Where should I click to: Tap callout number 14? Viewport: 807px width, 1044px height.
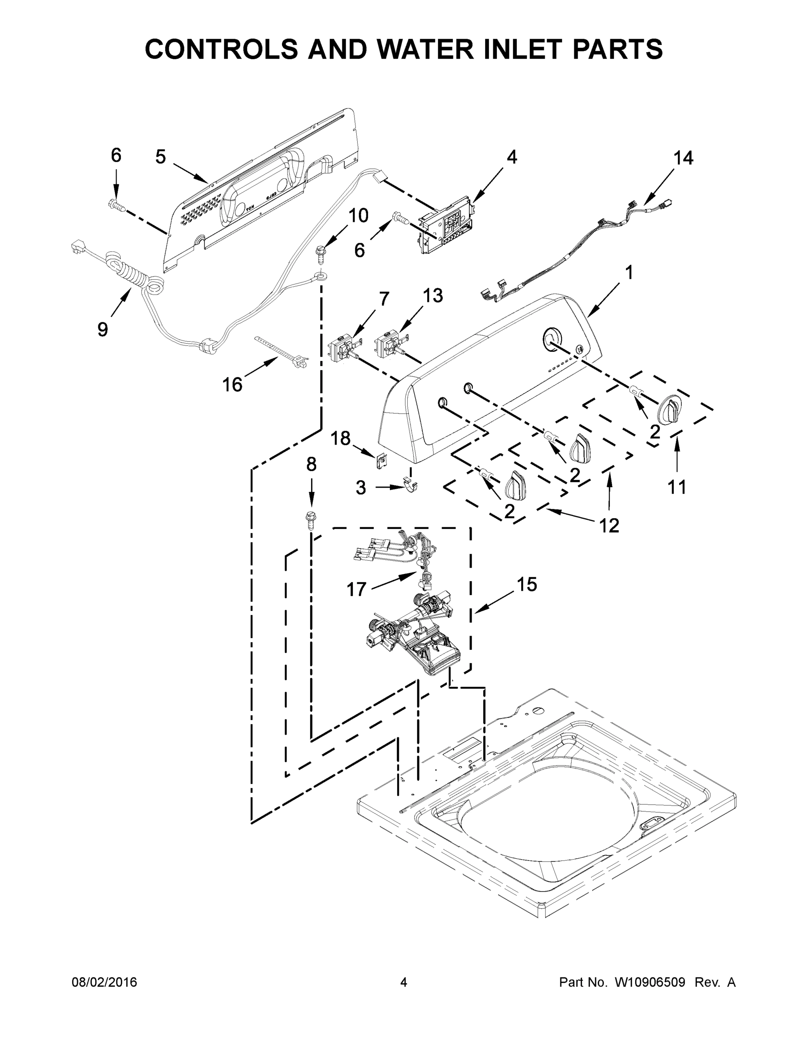tap(683, 158)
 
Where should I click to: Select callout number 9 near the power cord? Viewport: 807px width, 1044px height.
tap(103, 329)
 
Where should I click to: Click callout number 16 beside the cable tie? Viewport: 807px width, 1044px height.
tap(232, 385)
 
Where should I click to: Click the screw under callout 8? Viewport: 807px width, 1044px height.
tap(311, 521)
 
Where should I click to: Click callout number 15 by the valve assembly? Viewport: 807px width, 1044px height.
tap(527, 584)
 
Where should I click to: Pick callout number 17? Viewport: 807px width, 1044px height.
tap(356, 589)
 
